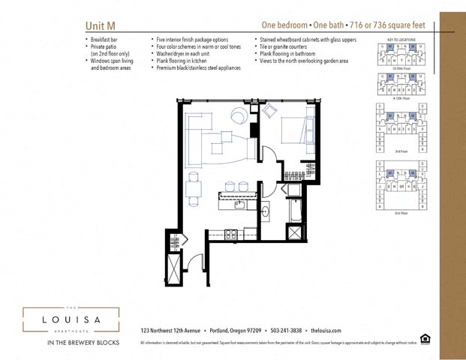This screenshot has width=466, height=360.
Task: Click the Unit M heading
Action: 101,25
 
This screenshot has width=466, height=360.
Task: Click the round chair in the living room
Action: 239,115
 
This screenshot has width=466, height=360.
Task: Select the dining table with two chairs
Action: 194,189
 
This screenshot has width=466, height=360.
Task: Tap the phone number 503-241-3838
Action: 285,330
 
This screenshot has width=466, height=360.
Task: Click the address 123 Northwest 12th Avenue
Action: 170,330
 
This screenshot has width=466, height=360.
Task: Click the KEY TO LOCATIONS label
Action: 401,39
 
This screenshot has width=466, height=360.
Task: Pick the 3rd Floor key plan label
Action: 401,151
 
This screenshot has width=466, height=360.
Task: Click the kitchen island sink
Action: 239,203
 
